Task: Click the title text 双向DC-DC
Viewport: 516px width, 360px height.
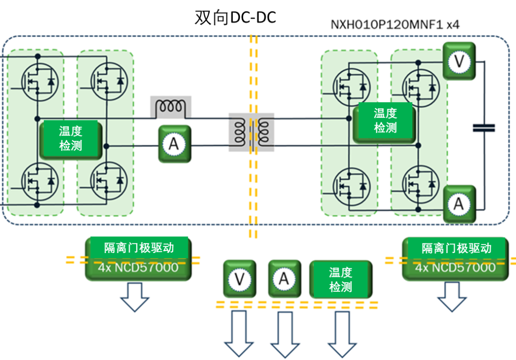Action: pyautogui.click(x=235, y=18)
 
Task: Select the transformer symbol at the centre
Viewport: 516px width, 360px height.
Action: pyautogui.click(x=251, y=132)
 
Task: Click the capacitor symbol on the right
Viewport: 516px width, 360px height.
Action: pyautogui.click(x=484, y=127)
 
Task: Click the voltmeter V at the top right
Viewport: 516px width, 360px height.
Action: pyautogui.click(x=459, y=61)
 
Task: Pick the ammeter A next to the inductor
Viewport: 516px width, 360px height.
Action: pyautogui.click(x=174, y=144)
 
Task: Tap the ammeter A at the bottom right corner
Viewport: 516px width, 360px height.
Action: pyautogui.click(x=459, y=204)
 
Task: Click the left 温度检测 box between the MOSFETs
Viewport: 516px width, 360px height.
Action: pyautogui.click(x=70, y=139)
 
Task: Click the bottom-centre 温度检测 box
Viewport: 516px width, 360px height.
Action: pyautogui.click(x=340, y=279)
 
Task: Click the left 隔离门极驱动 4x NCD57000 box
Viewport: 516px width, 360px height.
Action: pyautogui.click(x=138, y=258)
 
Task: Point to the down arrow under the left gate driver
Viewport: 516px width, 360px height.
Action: pyautogui.click(x=134, y=296)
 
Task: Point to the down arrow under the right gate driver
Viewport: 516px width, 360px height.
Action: pyautogui.click(x=452, y=296)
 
